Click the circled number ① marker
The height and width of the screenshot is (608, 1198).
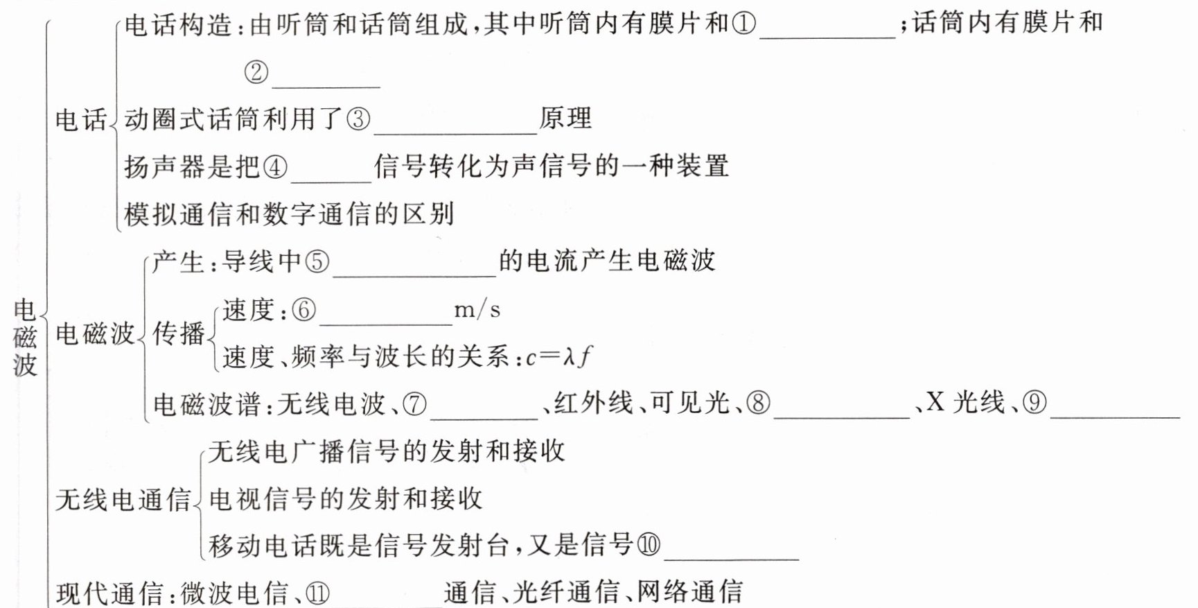(743, 24)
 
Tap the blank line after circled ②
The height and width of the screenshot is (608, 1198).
(326, 80)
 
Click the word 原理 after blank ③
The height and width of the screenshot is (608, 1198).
(565, 119)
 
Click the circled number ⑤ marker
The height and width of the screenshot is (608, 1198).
(317, 262)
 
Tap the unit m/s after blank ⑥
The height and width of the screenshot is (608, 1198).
(477, 310)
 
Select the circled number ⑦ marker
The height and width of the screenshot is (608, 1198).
(414, 403)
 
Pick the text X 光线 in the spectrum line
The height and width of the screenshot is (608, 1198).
(965, 402)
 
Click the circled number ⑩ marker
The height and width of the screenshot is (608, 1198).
(649, 545)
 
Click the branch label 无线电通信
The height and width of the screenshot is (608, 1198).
(123, 499)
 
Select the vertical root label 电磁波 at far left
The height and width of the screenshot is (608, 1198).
(25, 338)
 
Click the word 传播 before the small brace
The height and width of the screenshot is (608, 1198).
(179, 333)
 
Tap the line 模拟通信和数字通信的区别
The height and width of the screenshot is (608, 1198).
(289, 214)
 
